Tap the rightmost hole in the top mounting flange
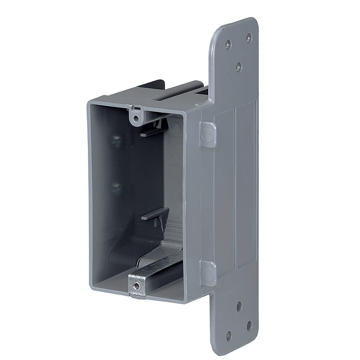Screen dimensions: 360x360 (x=249, y=37)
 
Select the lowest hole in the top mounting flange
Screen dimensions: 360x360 (x=239, y=66)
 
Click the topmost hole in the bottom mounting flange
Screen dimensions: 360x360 (x=239, y=309)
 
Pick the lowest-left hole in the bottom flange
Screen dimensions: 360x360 (x=228, y=338)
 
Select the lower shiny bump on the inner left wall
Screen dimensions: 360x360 (x=116, y=186)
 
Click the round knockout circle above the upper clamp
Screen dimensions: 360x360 (x=175, y=127)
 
